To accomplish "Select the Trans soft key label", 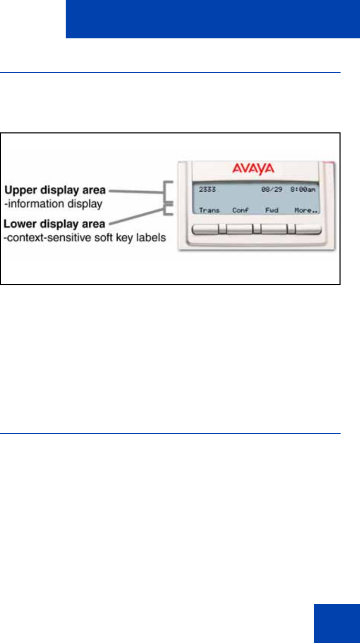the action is (x=209, y=210).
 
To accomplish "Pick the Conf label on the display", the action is (x=240, y=210).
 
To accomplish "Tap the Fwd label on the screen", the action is (x=272, y=210).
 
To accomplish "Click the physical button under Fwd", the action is (x=274, y=229).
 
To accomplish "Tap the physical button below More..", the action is (x=308, y=229).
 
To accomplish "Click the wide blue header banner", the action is (x=212, y=19).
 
